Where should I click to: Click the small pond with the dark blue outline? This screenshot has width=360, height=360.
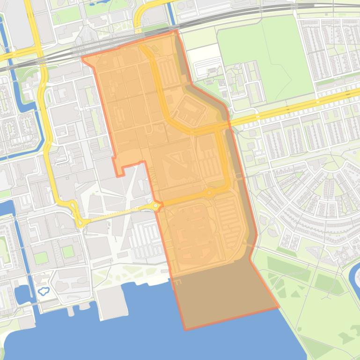(43, 291)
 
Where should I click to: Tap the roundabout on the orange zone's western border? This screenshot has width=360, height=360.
(155, 206)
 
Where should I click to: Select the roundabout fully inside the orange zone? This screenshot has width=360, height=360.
(209, 193)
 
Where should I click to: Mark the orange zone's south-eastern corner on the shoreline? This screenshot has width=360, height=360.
(279, 307)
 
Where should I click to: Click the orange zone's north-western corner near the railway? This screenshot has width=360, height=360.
(82, 59)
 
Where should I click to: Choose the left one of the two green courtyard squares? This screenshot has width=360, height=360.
(41, 257)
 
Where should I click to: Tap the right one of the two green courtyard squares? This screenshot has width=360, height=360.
(68, 252)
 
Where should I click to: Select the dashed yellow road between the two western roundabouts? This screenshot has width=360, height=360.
(117, 214)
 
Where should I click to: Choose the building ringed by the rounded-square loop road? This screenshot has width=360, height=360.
(190, 110)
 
